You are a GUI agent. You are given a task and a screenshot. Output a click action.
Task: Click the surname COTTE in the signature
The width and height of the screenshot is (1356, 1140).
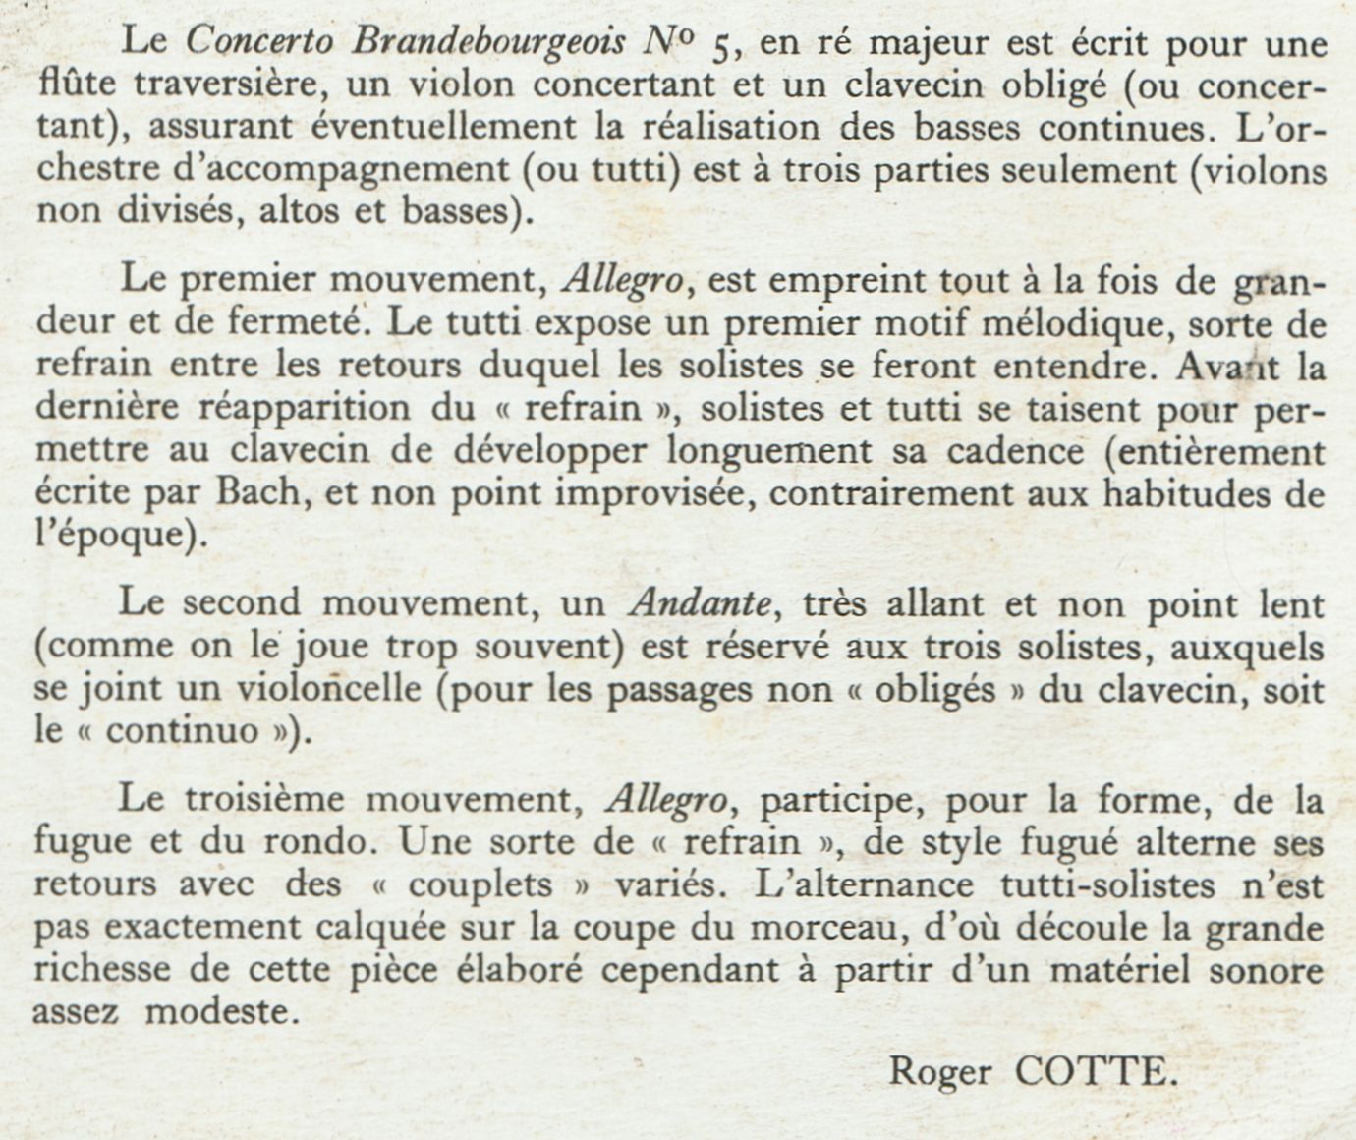(x=1095, y=1071)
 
